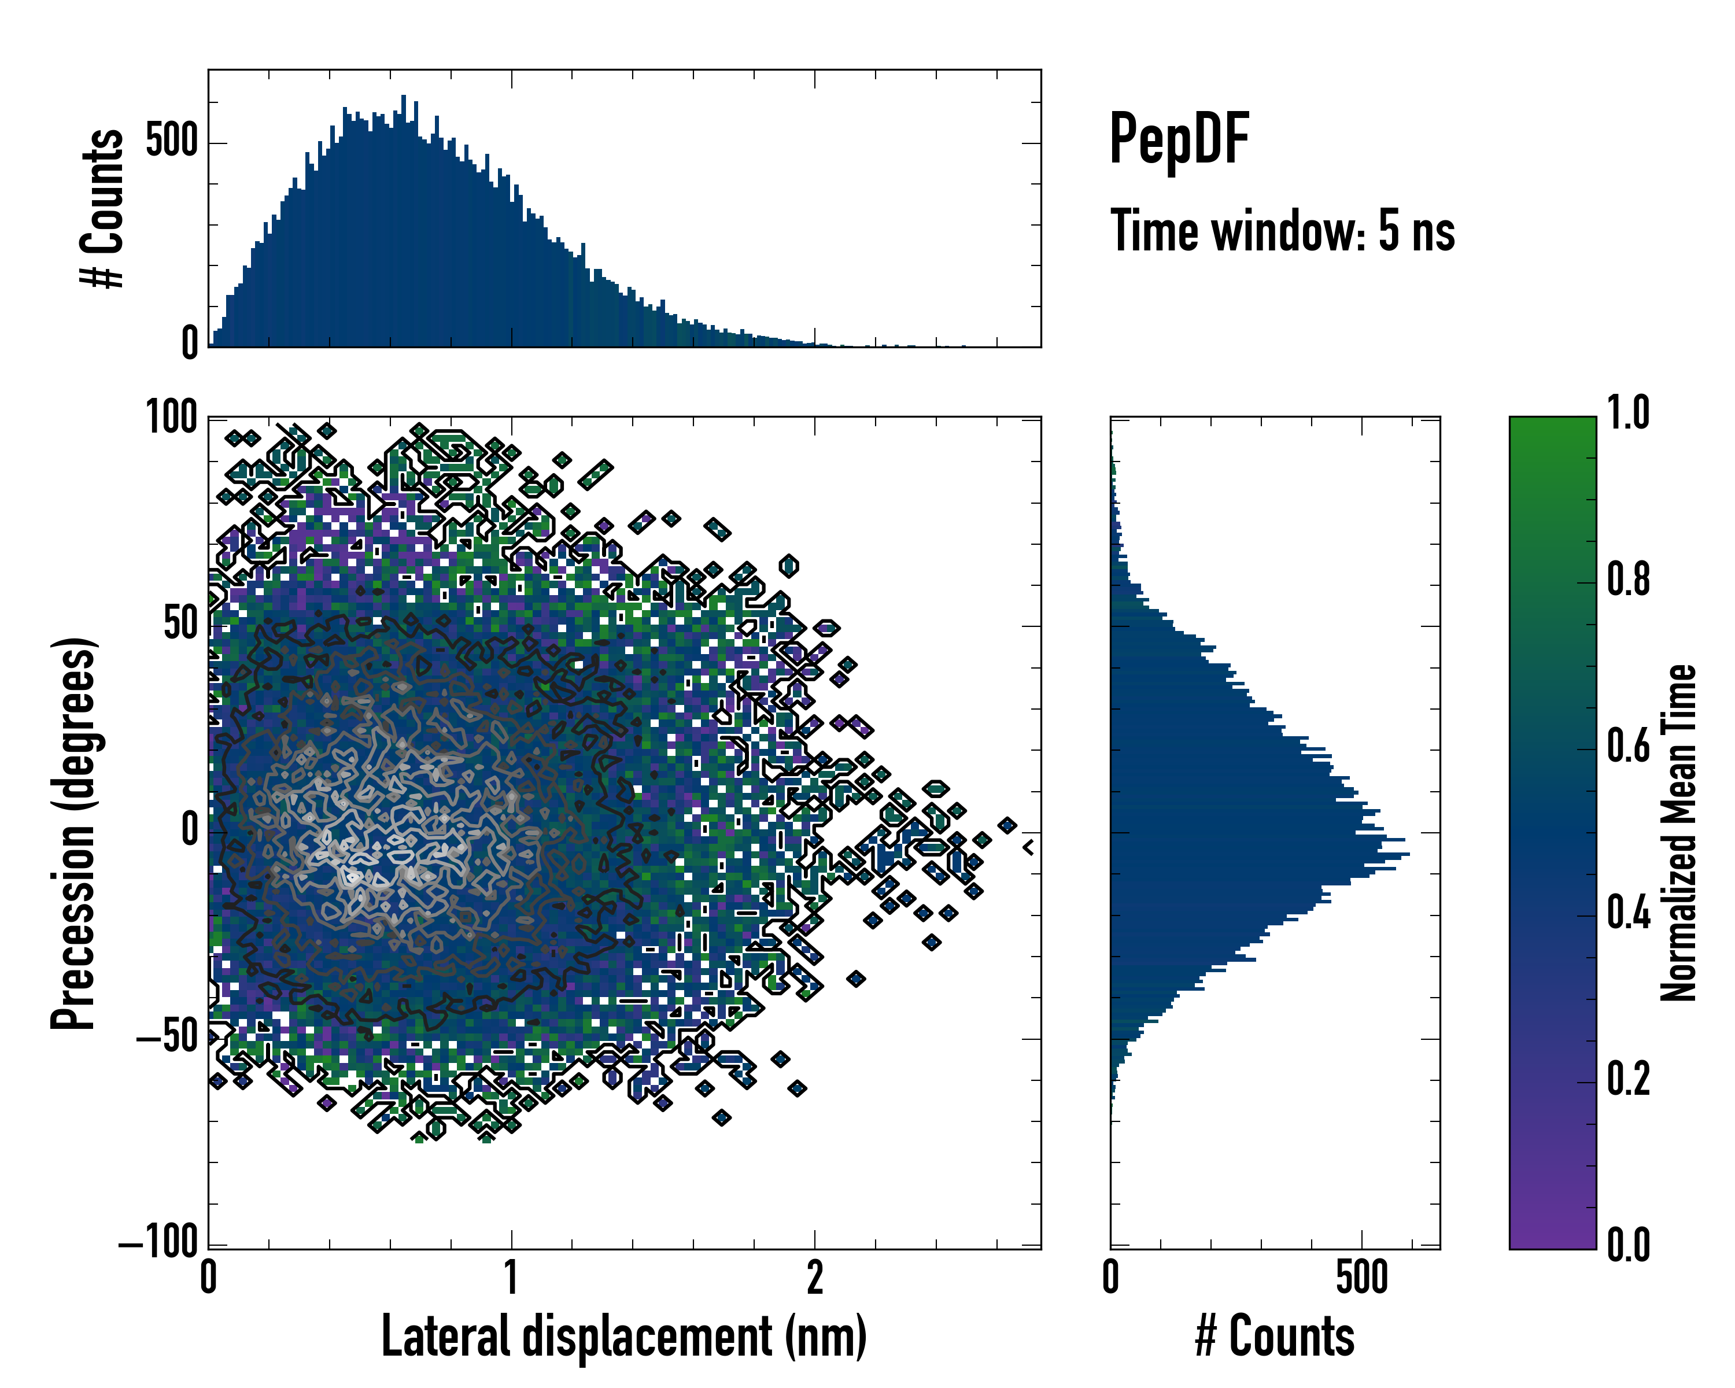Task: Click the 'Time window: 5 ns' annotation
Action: tap(1283, 230)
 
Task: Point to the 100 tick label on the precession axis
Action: tap(171, 418)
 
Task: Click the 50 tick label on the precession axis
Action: tap(180, 625)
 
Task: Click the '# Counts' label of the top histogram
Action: tap(102, 208)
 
